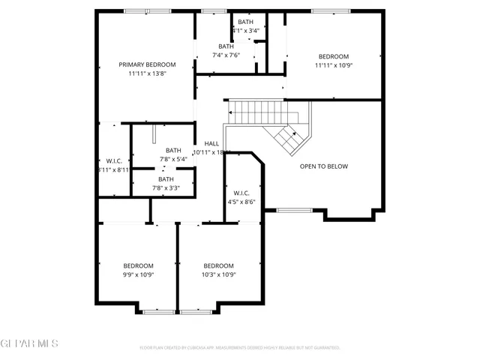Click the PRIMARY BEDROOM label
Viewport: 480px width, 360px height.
pos(147,64)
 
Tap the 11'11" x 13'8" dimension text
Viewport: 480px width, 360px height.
pos(147,73)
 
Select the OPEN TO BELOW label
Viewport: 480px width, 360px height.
pos(324,166)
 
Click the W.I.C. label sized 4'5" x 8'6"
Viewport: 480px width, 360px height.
pos(241,193)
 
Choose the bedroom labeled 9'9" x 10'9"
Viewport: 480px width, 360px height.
pos(139,265)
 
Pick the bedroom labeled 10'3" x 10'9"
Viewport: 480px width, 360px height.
pos(219,265)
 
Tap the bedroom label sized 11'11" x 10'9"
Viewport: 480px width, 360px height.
pos(334,57)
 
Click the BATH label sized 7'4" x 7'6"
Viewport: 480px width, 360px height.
pos(226,46)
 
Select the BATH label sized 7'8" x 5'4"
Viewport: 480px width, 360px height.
pos(173,150)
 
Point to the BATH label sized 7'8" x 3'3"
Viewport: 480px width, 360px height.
pos(166,179)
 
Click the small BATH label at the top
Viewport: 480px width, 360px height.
pos(245,22)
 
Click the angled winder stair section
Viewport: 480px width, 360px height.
pos(289,138)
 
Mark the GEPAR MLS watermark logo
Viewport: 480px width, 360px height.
pos(30,343)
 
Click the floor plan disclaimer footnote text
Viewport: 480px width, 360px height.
pos(240,348)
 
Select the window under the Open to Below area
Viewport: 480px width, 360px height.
pos(295,210)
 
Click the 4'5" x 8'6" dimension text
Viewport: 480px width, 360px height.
pos(241,202)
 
